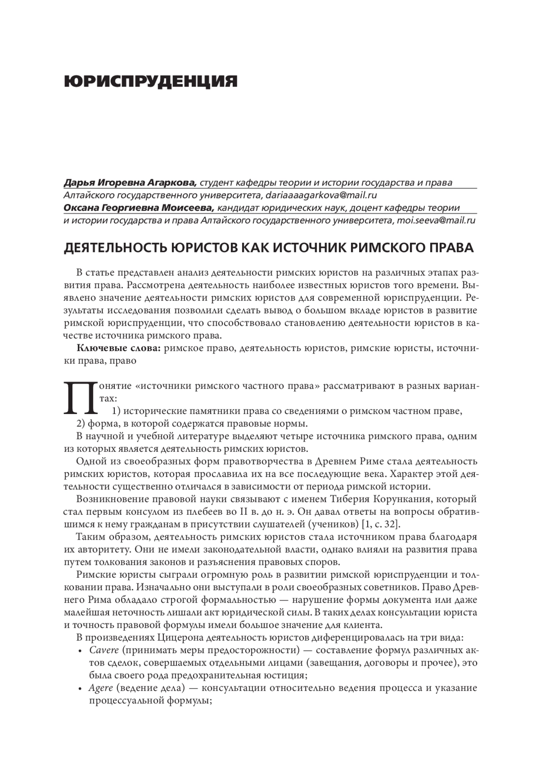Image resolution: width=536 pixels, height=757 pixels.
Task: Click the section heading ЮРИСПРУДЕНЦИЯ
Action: (151, 82)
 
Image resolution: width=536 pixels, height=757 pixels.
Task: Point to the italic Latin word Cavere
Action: (104, 650)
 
